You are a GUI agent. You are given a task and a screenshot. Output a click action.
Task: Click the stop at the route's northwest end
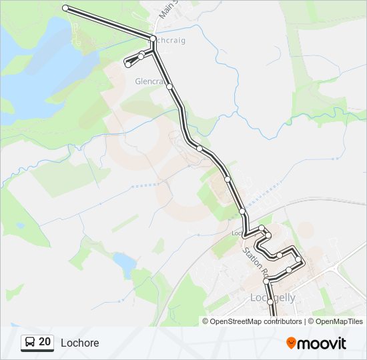[65, 8]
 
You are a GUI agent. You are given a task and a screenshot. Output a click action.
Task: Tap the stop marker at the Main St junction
[153, 38]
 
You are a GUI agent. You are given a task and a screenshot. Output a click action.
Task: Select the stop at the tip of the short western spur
[127, 64]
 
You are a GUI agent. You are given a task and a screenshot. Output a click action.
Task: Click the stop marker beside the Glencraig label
[170, 87]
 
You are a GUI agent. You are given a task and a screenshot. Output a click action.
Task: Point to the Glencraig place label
[149, 81]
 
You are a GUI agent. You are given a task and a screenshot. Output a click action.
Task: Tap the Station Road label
[254, 263]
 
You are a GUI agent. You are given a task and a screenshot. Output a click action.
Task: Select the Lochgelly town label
[272, 297]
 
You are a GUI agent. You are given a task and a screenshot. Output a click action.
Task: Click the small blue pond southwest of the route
[123, 263]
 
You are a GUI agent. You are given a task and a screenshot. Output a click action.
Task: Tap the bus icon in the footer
[30, 343]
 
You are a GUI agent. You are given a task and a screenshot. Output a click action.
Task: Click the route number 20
[45, 342]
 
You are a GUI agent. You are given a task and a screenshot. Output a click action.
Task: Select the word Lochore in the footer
[79, 343]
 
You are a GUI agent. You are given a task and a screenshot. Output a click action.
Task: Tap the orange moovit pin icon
[291, 343]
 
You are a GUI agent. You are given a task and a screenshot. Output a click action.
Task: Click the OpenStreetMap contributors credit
[256, 321]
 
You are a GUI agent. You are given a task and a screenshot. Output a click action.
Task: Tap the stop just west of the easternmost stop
[289, 270]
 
